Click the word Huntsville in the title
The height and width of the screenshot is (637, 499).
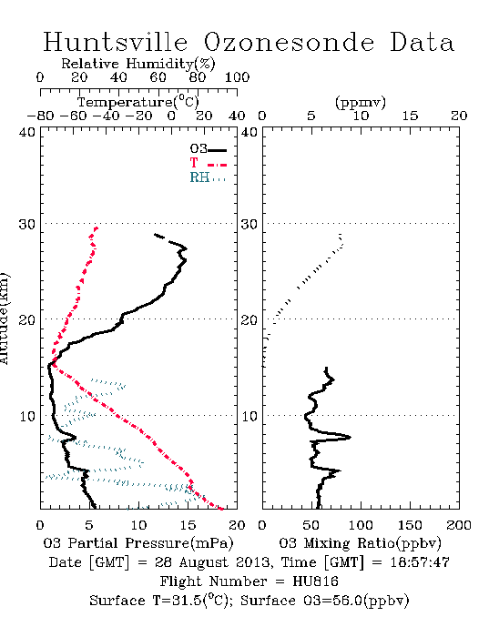pyautogui.click(x=116, y=42)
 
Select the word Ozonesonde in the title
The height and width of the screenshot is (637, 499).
pyautogui.click(x=289, y=43)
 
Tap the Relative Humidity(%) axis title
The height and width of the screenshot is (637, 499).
pyautogui.click(x=138, y=64)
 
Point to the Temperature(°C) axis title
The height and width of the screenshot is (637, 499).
pyautogui.click(x=138, y=102)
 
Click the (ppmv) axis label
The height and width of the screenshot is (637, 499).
pyautogui.click(x=361, y=102)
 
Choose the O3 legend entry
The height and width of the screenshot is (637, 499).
pyautogui.click(x=208, y=149)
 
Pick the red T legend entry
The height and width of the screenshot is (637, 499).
pyautogui.click(x=208, y=163)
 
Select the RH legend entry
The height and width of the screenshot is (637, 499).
pyautogui.click(x=208, y=177)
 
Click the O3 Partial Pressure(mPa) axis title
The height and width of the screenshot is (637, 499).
pyautogui.click(x=138, y=543)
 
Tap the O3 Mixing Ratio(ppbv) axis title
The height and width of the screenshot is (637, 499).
pyautogui.click(x=360, y=543)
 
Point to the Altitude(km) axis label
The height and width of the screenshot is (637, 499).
pyautogui.click(x=4, y=319)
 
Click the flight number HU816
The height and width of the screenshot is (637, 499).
pyautogui.click(x=315, y=581)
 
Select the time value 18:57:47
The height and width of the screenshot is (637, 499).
pyautogui.click(x=420, y=562)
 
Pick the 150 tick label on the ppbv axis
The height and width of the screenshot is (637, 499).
pyautogui.click(x=410, y=525)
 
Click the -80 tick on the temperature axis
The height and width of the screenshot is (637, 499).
pyautogui.click(x=40, y=116)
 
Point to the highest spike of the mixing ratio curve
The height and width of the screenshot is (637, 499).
pyautogui.click(x=350, y=437)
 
